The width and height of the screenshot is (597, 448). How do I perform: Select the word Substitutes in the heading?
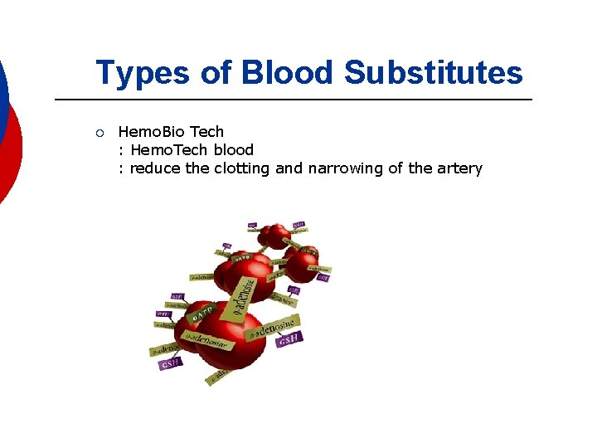point(433,73)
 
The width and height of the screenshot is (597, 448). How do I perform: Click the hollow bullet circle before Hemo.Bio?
point(99,132)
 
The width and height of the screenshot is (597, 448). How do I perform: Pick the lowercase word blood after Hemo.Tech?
point(234,150)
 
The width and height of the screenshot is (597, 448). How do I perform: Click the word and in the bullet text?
point(289,168)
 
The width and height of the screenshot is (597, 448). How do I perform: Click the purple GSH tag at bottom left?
point(171,363)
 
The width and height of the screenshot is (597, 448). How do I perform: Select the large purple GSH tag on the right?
point(289,338)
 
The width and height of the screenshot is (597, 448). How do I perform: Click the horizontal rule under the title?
point(293,100)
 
